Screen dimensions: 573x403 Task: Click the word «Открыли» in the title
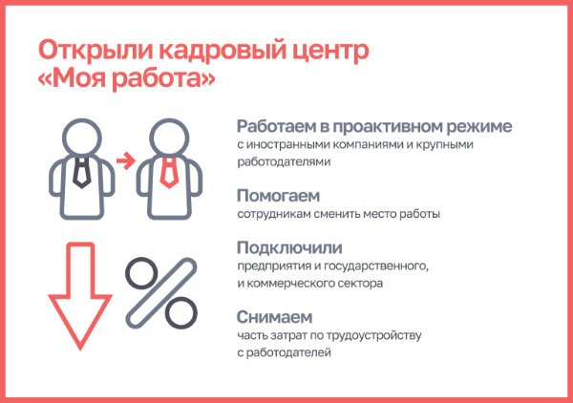tap(95, 51)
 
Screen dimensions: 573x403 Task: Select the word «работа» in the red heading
tap(159, 77)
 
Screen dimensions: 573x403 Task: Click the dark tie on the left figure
tap(81, 173)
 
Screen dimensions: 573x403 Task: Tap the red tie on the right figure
tap(169, 173)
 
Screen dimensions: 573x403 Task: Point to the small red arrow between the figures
tap(126, 160)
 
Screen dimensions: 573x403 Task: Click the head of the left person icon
tap(81, 138)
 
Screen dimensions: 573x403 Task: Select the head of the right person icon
tap(169, 138)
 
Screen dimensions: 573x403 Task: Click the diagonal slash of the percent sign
tap(161, 292)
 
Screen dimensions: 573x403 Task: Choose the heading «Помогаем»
tap(278, 196)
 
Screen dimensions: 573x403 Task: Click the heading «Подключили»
tap(289, 247)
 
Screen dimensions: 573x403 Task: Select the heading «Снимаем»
tap(274, 317)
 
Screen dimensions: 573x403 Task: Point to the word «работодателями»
tap(284, 161)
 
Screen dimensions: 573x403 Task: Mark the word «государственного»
tap(376, 265)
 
